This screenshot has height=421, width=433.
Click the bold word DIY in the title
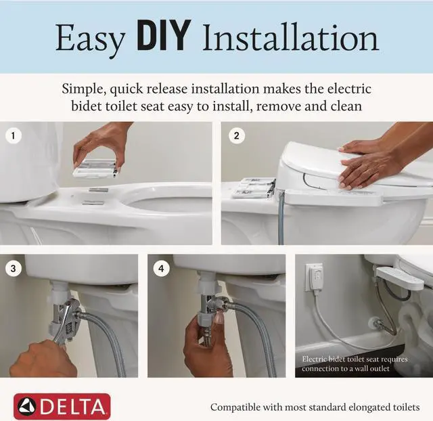point(164,35)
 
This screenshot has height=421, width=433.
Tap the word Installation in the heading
point(290,37)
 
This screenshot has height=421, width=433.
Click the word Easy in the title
point(90,39)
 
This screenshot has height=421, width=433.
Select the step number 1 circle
point(13,135)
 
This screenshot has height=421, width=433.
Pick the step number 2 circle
point(236,135)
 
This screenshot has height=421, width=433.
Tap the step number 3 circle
point(13,269)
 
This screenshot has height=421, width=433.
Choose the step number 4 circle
point(161,269)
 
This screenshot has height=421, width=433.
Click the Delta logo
point(62,406)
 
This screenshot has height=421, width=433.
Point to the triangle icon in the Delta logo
point(27,407)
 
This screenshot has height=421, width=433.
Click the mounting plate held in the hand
point(95,168)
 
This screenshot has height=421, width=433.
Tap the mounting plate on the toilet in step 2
point(254,188)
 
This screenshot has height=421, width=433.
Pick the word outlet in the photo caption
point(380,368)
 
